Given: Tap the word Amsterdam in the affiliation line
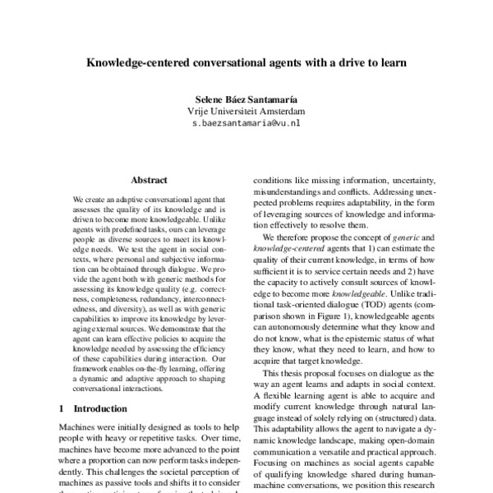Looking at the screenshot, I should (279, 110).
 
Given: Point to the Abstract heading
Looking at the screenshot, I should (149, 179).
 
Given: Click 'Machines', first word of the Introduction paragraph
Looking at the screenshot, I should (79, 427).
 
